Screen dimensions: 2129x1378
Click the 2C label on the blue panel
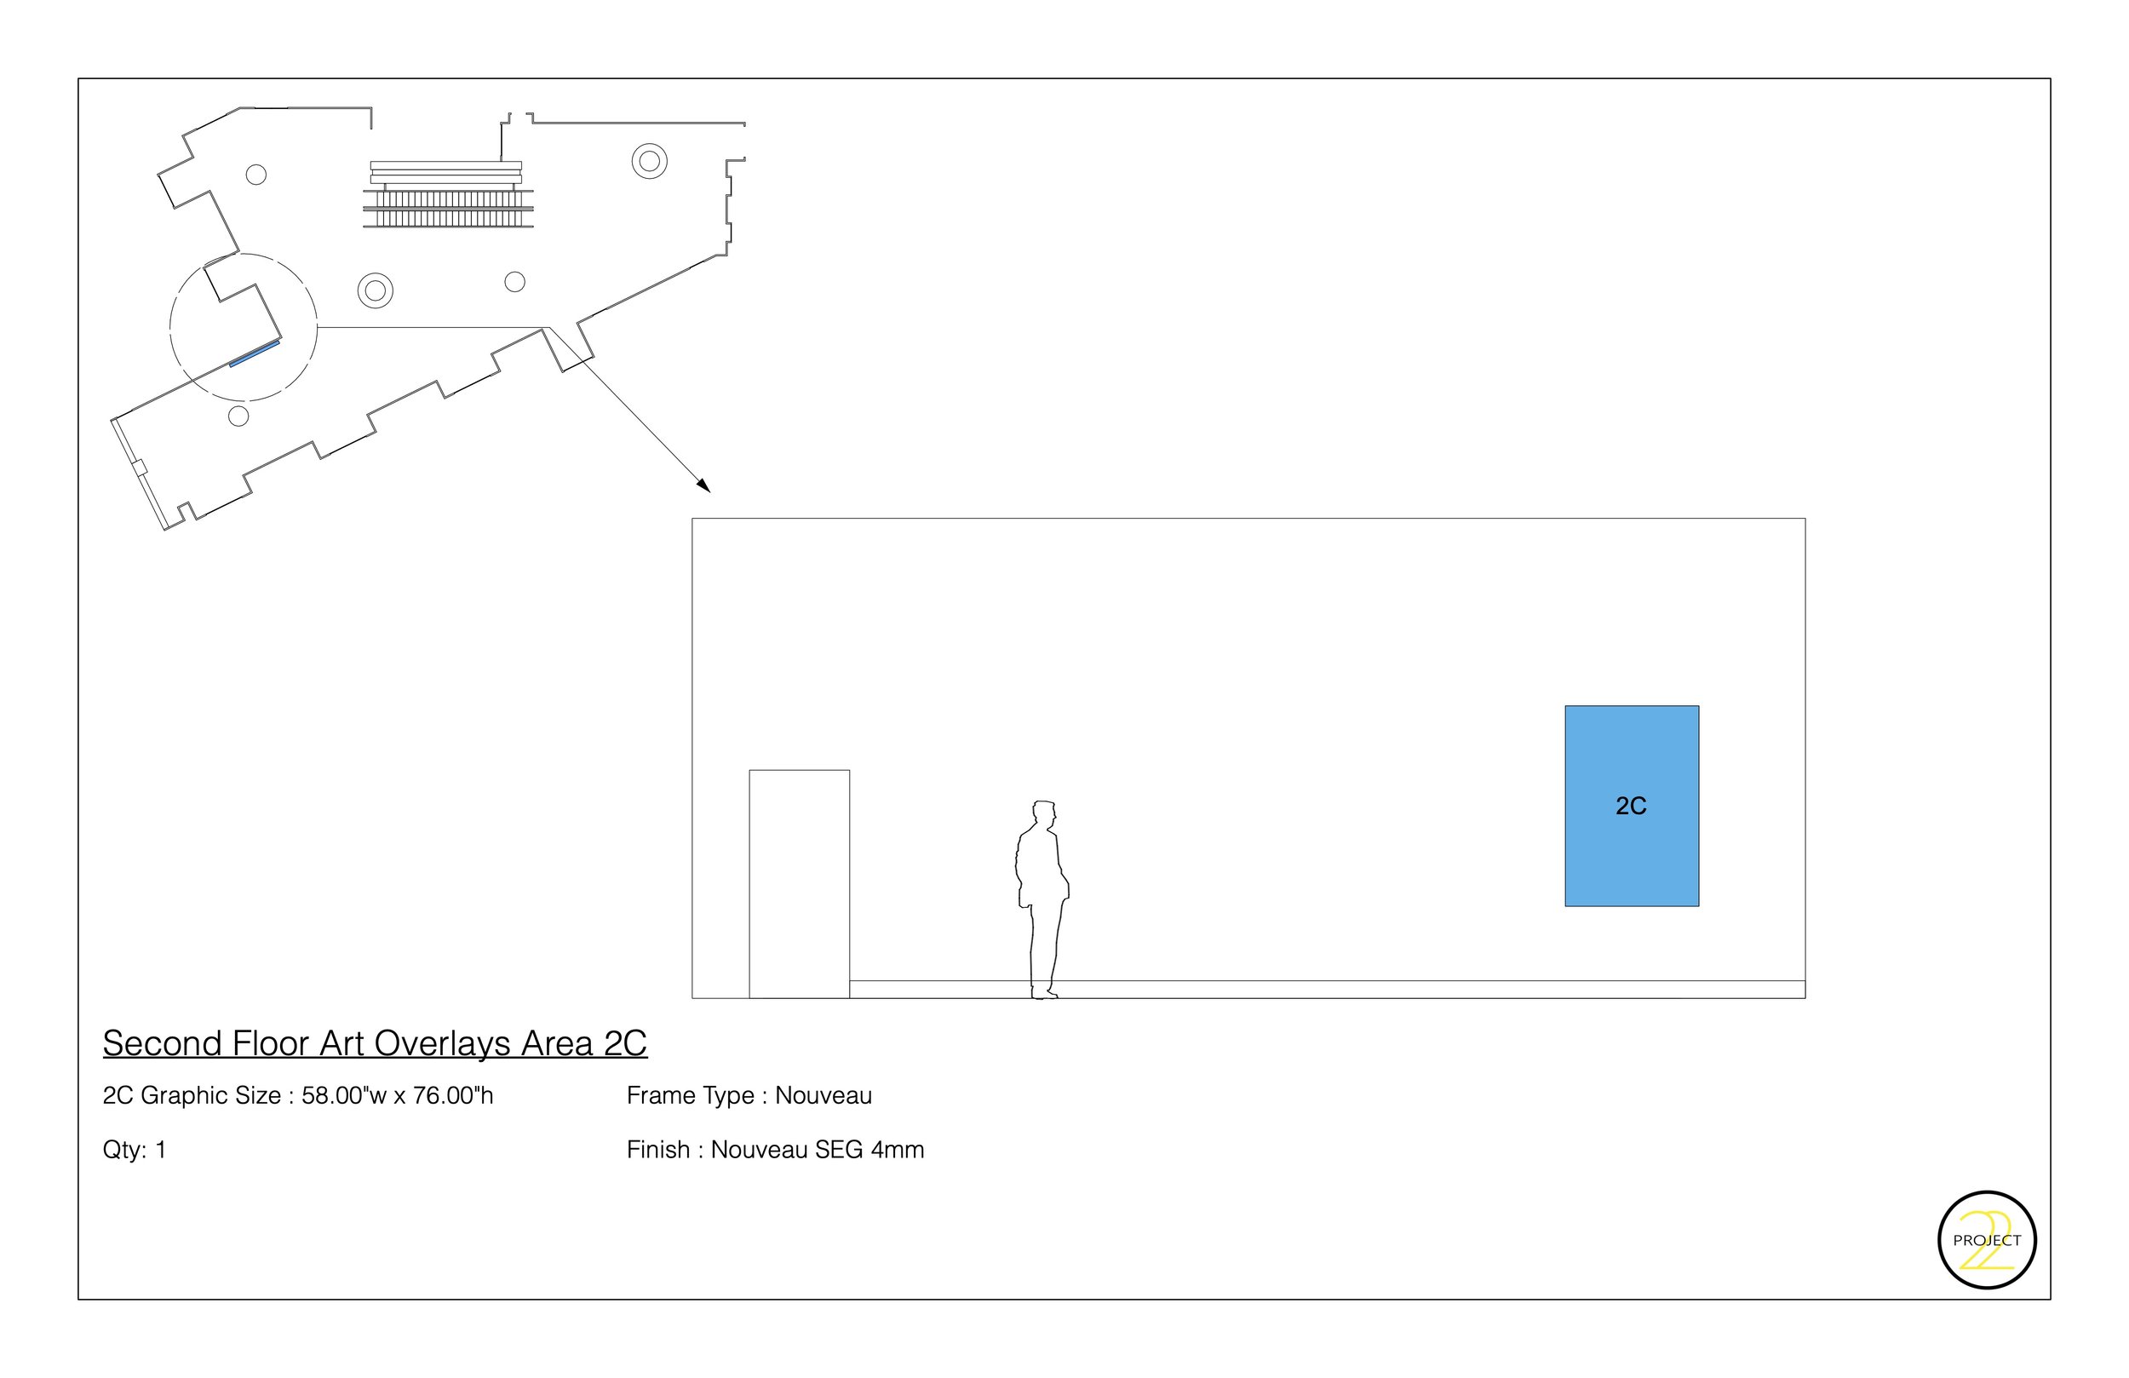tap(1630, 807)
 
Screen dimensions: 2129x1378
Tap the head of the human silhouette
tap(1043, 814)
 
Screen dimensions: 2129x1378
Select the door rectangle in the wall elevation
tap(799, 883)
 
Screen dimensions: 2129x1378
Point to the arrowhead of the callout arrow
tap(705, 487)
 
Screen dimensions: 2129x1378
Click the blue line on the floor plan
tap(254, 354)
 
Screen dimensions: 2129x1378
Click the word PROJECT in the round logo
tap(1987, 1240)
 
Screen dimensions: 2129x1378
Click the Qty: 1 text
tap(135, 1150)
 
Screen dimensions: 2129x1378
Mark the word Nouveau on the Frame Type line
tap(823, 1096)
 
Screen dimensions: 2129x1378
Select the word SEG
tap(838, 1150)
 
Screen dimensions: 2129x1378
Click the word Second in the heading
tap(162, 1043)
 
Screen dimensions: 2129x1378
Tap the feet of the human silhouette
tap(1044, 992)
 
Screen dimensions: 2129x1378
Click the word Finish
tap(658, 1150)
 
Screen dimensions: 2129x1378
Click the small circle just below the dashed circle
tap(238, 416)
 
